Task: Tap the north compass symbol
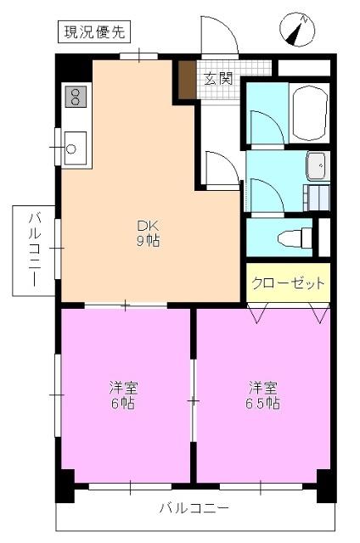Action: click(295, 31)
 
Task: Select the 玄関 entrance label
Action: click(218, 79)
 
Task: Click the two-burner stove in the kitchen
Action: click(75, 96)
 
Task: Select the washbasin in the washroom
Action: click(316, 165)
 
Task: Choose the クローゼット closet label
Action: click(287, 283)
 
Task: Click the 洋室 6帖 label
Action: click(124, 395)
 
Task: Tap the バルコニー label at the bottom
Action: click(194, 509)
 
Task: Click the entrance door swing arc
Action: click(217, 34)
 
